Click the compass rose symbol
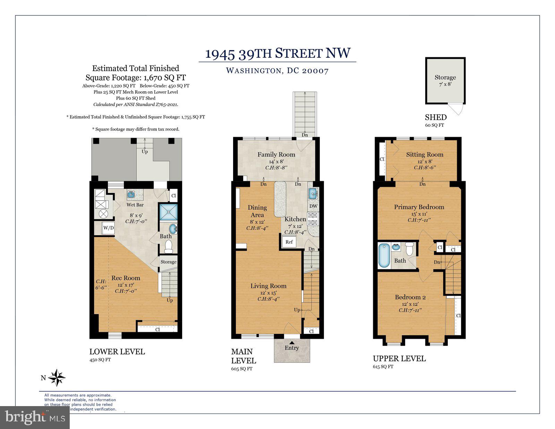point(57,378)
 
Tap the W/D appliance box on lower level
point(108,228)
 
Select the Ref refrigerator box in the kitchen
point(289,242)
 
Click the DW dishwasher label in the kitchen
point(313,206)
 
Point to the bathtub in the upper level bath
point(384,256)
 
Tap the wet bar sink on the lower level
point(131,194)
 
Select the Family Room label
point(276,154)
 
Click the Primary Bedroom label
point(419,207)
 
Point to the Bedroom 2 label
point(410,297)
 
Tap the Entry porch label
point(292,348)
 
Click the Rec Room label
point(126,278)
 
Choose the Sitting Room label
point(425,154)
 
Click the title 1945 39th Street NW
point(278,53)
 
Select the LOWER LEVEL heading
point(117,351)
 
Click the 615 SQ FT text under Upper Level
point(383,367)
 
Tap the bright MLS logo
point(35,417)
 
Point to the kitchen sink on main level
point(313,193)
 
